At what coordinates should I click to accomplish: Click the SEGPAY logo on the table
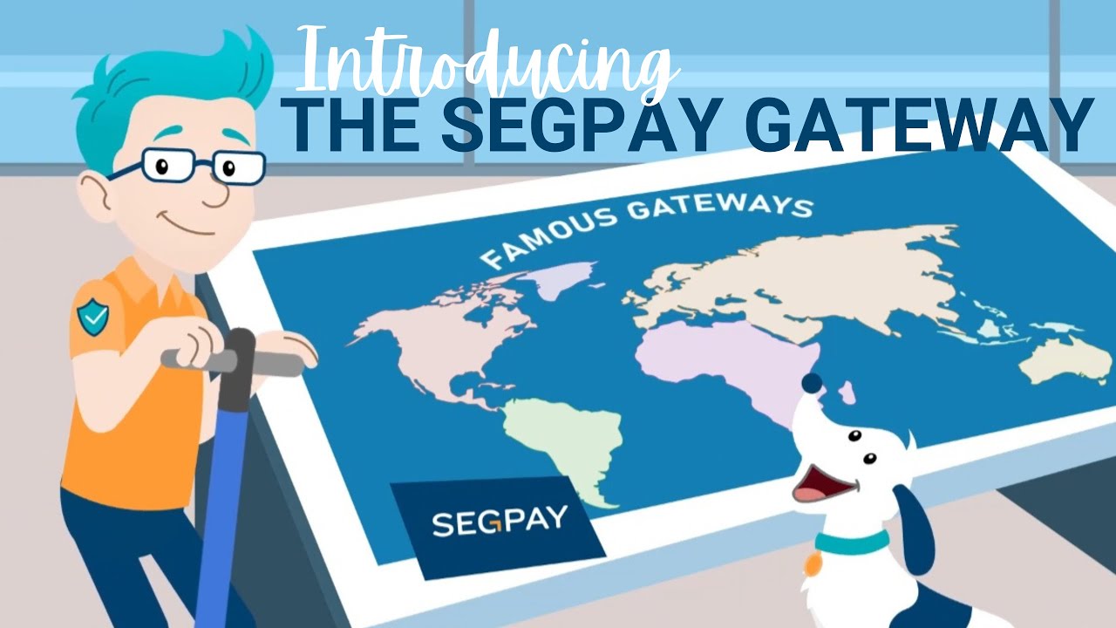pos(499,522)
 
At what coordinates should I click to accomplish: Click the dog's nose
pos(812,383)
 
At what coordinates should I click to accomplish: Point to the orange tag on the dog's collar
pos(813,564)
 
